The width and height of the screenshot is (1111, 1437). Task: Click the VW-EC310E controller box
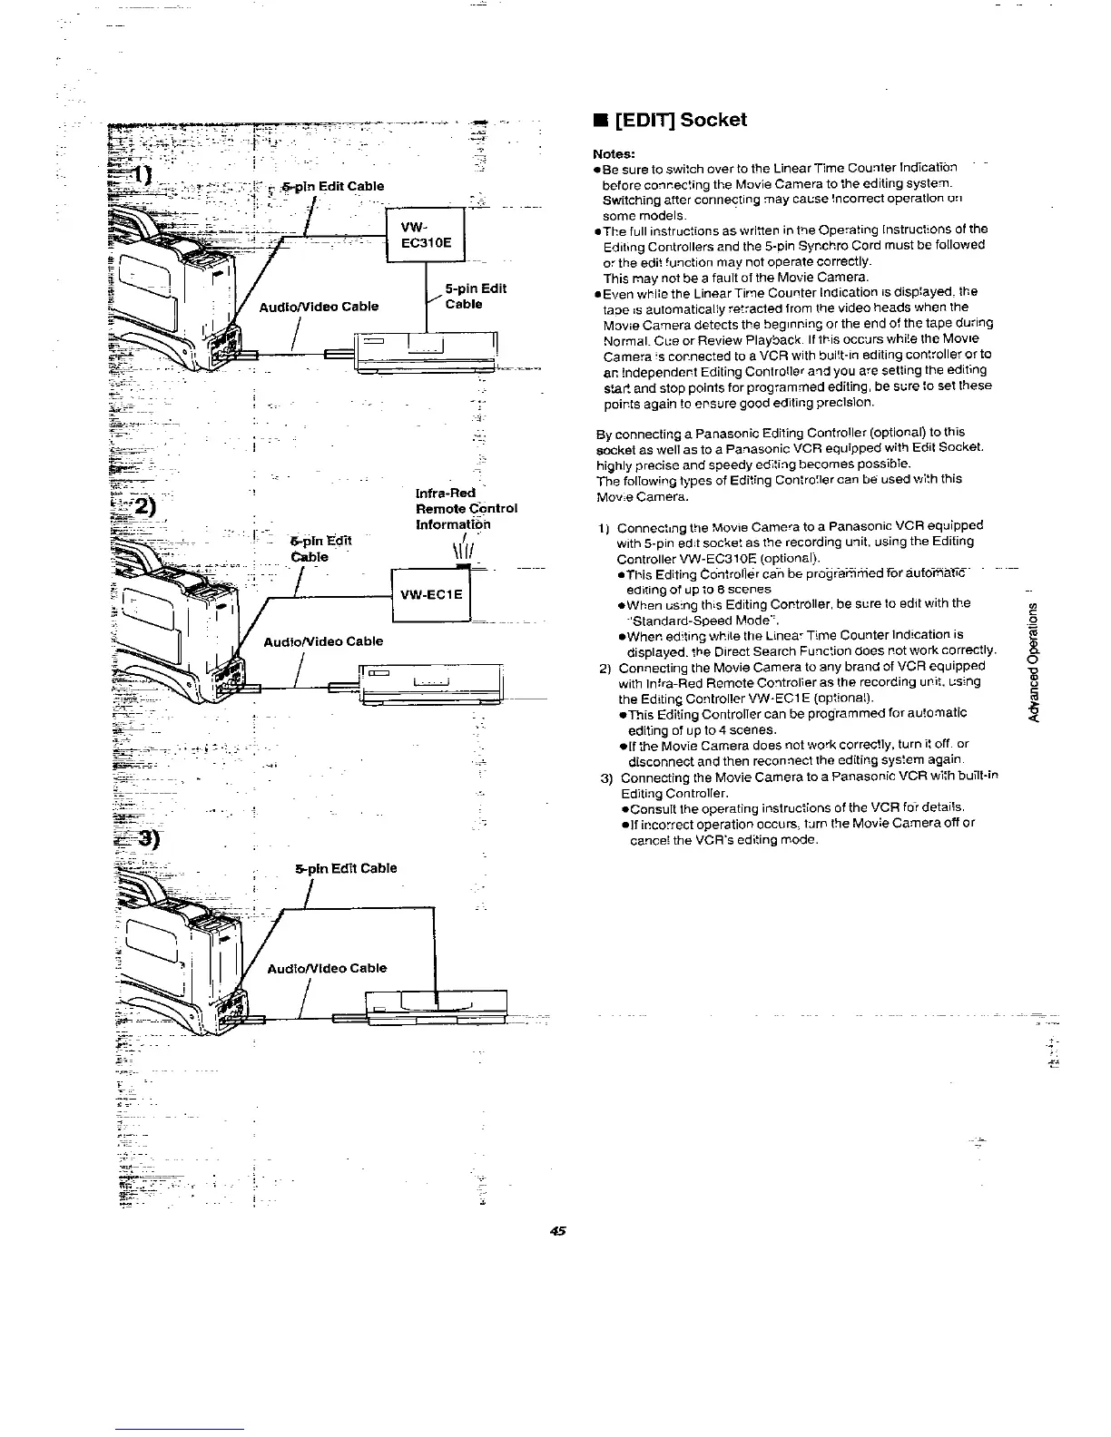point(426,234)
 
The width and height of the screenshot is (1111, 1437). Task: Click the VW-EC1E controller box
point(431,594)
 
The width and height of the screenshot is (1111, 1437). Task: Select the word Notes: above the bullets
point(614,154)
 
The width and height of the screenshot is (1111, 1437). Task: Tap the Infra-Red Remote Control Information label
point(466,509)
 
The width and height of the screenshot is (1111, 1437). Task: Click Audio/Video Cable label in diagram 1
point(319,306)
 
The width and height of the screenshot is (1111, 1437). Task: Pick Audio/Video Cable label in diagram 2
point(322,641)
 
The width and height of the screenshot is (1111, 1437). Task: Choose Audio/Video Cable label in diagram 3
point(326,968)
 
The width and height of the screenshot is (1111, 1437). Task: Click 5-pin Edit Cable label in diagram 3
point(346,868)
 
